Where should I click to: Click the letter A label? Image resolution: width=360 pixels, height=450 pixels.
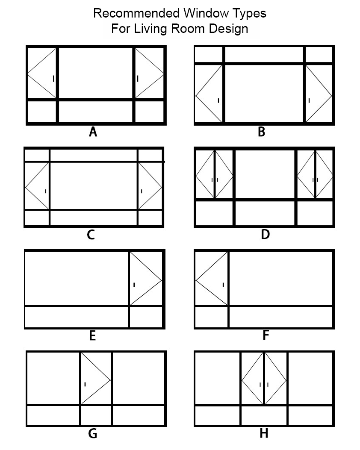(93, 132)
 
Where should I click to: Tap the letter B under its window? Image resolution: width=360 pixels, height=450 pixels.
(262, 132)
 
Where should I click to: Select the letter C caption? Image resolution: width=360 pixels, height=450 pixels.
(91, 235)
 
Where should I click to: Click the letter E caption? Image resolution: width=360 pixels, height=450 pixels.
(92, 336)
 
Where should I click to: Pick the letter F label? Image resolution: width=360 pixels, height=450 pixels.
(266, 336)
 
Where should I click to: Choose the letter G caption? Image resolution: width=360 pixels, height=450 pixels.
(92, 434)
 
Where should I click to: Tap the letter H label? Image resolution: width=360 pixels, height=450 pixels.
(264, 434)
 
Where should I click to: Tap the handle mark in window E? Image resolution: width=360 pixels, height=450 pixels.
(134, 285)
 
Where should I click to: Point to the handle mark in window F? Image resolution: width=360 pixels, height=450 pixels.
(223, 284)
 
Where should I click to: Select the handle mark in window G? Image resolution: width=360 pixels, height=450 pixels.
(85, 384)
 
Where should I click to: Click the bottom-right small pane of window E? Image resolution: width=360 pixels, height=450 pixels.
(146, 317)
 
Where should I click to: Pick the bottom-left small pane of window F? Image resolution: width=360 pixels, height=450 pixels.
(211, 317)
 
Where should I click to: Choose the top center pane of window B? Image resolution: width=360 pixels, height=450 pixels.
(264, 55)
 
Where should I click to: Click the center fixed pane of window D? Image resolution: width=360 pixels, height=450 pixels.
(265, 174)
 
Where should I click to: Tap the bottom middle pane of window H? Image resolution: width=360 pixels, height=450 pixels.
(264, 415)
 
